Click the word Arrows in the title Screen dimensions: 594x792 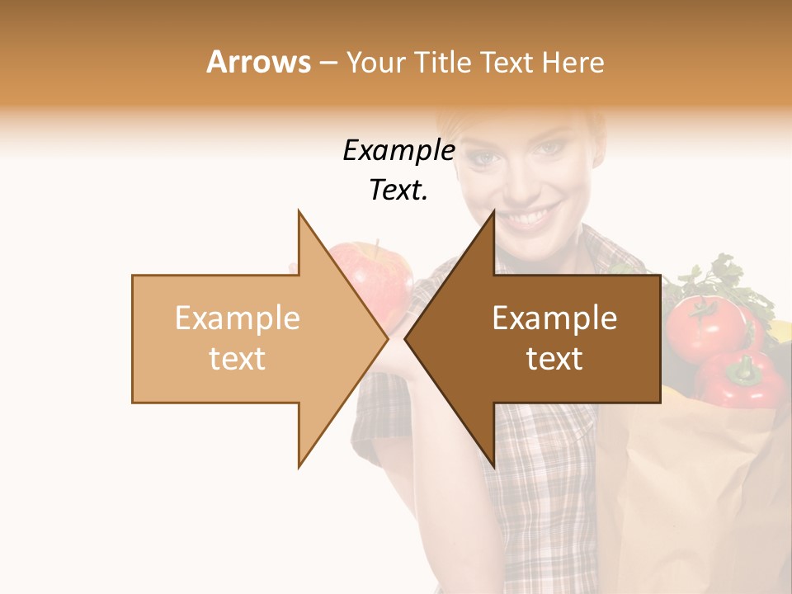pos(258,62)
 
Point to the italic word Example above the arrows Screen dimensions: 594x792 pos(398,151)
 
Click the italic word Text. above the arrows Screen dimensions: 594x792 pos(398,191)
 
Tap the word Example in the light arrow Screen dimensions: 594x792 pos(237,318)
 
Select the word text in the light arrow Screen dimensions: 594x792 pos(237,359)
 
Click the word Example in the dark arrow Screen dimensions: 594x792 pos(554,318)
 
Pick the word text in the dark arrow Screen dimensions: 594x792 pos(554,359)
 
